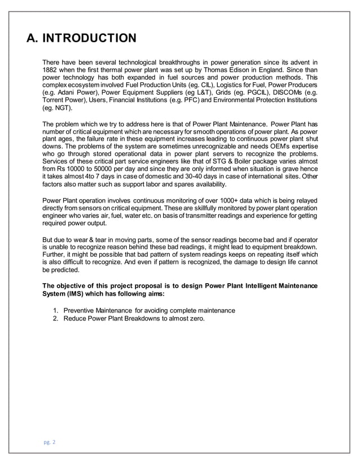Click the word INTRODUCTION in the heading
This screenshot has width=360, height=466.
click(90, 38)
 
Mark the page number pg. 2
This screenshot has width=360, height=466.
click(50, 442)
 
